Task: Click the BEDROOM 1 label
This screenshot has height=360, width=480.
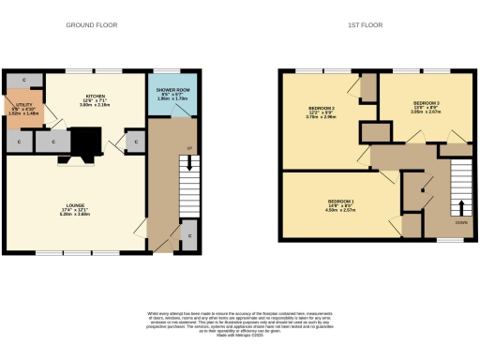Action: (x=339, y=202)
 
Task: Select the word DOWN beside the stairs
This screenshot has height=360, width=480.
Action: (x=460, y=222)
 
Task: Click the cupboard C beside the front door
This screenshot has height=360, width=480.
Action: (x=188, y=230)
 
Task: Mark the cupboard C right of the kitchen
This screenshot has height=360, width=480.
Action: (x=135, y=142)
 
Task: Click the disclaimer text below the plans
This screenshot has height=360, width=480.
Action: (x=239, y=323)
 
